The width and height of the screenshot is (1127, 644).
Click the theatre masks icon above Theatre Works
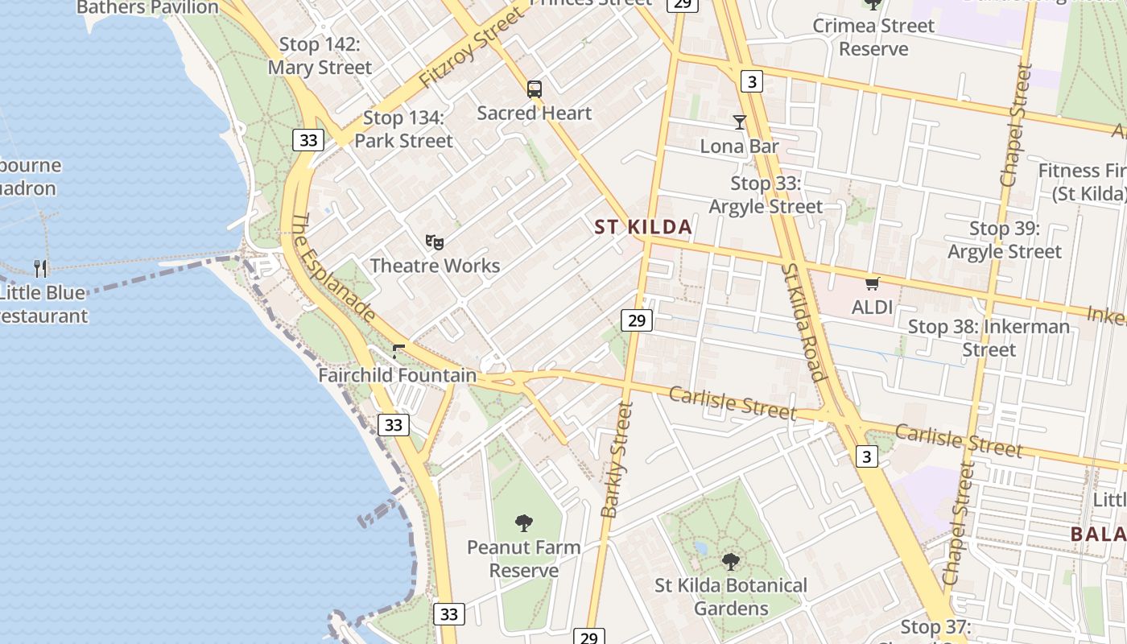435,242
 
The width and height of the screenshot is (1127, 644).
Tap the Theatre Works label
435,266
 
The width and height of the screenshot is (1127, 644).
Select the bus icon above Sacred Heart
535,89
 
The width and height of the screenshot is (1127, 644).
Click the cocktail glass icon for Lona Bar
740,122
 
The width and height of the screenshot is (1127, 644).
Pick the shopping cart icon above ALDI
872,283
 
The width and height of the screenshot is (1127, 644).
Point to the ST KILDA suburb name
643,227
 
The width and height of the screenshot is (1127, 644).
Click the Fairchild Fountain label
398,375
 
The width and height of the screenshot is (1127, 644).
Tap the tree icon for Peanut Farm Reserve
524,523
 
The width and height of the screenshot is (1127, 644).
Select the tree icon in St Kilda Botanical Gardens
730,562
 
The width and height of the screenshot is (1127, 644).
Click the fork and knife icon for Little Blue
40,267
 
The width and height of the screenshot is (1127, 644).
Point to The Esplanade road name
332,269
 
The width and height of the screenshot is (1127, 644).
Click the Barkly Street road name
617,460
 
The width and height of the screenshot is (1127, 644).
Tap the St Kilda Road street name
804,322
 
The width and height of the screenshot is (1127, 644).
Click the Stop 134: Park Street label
403,130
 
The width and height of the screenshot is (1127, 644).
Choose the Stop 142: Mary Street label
320,56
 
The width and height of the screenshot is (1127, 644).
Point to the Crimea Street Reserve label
873,37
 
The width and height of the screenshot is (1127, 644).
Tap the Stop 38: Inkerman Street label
989,338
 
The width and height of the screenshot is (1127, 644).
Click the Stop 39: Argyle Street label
1004,240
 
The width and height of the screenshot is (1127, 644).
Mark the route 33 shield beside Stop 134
308,140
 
